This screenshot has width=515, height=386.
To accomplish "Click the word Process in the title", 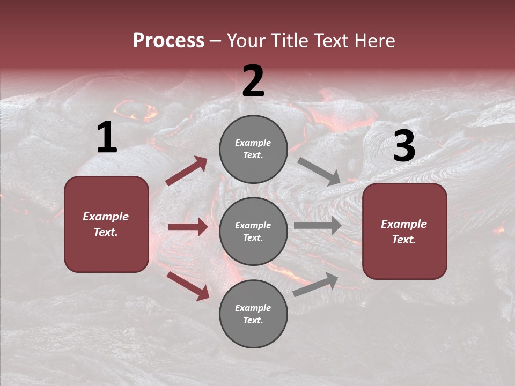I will (x=168, y=41).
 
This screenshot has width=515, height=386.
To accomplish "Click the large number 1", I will (x=107, y=138).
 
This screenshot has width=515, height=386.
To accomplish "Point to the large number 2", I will (x=253, y=81).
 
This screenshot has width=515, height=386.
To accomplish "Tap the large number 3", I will (x=404, y=146).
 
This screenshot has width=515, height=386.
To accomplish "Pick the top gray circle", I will (x=253, y=149).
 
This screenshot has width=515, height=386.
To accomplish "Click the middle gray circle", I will (x=253, y=231).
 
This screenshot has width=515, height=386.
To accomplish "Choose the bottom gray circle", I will (x=253, y=314).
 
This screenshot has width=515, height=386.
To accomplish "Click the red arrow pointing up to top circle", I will (x=186, y=171).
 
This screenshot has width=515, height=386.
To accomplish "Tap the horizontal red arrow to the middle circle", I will (x=188, y=227).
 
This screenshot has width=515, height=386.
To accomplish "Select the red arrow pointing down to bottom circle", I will (x=188, y=285).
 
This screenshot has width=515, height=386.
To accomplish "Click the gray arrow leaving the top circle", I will (x=319, y=171).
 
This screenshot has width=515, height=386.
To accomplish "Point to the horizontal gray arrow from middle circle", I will (x=317, y=226).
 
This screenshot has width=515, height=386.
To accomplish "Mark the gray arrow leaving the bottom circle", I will (x=316, y=284).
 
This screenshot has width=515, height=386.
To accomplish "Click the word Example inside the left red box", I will (x=106, y=217).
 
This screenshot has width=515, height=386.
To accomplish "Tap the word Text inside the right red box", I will (x=403, y=240).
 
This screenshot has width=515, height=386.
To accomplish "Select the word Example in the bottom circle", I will (x=253, y=308).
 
